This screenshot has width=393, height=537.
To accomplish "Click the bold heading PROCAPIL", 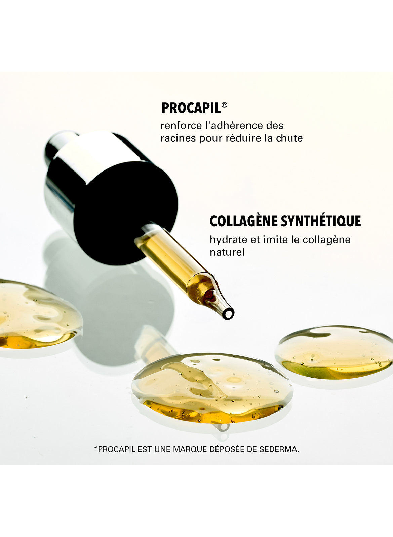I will tap(191, 108).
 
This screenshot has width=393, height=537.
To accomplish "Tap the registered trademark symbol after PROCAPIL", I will tap(224, 105).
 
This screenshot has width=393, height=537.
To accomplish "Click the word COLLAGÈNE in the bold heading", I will tap(244, 221).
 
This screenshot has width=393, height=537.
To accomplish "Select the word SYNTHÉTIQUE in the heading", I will tap(321, 221).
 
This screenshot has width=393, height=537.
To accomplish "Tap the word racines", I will tap(178, 138).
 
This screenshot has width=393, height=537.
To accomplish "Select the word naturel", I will tap(227, 252).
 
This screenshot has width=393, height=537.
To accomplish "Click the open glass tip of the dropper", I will tap(229, 313).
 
